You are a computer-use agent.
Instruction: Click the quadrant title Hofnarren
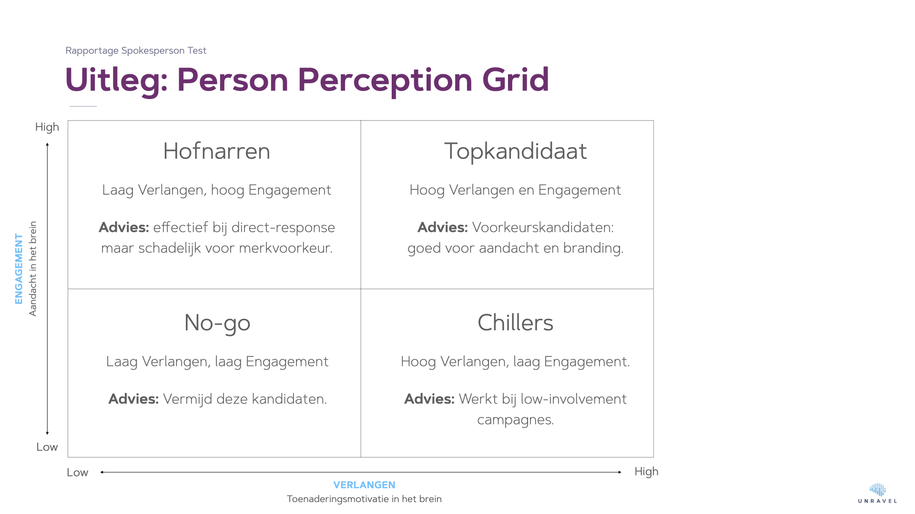click(x=217, y=151)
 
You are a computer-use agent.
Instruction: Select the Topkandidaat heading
click(x=515, y=151)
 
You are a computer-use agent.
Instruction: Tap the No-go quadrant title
click(x=217, y=324)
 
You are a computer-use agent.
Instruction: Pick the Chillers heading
click(x=515, y=323)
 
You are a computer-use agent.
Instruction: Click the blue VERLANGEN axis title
click(x=364, y=485)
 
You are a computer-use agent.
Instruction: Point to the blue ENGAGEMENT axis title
click(x=19, y=269)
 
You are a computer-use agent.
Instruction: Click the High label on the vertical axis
click(x=47, y=127)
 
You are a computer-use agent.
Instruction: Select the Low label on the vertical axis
click(x=47, y=447)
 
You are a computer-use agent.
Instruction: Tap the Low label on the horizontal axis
click(x=77, y=473)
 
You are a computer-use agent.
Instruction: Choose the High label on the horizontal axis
click(x=646, y=472)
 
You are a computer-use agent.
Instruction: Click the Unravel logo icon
click(x=877, y=490)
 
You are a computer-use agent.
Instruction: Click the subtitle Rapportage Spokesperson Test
click(x=136, y=50)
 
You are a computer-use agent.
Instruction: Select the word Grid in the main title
click(x=516, y=79)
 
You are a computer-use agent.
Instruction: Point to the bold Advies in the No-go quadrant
click(x=133, y=399)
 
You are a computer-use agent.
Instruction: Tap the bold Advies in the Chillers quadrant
click(x=429, y=399)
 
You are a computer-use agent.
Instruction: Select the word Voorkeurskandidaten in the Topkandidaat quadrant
click(x=543, y=227)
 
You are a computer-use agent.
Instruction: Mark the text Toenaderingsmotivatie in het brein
click(x=364, y=499)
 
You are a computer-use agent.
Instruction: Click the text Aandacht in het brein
click(x=32, y=269)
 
